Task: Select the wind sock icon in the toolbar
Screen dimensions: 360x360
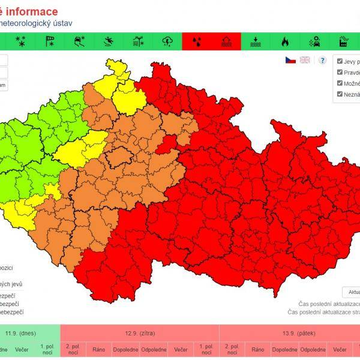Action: point(50,41)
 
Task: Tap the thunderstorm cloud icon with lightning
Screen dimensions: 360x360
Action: point(167,41)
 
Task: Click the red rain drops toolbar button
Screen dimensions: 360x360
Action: point(196,41)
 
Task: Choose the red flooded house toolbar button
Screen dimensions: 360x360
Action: point(226,41)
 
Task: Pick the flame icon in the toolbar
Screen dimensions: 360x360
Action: point(284,41)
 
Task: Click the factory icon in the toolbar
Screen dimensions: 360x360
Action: point(343,41)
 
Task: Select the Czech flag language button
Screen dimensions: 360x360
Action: point(290,60)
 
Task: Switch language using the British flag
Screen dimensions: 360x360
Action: point(305,60)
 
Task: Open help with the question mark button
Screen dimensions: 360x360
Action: point(322,61)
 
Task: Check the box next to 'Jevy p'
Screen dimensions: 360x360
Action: point(340,61)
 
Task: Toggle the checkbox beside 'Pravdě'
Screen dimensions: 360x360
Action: point(340,72)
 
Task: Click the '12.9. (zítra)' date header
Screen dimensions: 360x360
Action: point(140,333)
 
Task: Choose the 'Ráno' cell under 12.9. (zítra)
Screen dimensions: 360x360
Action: point(98,350)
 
